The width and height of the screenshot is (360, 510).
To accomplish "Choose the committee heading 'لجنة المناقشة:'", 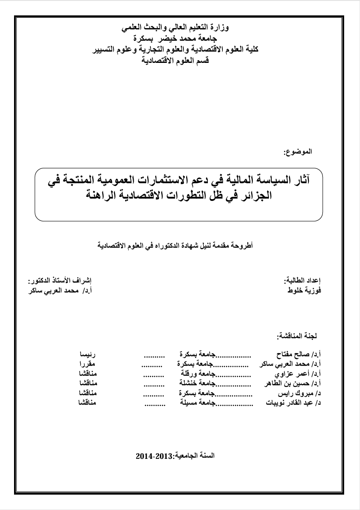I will click(297, 336).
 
